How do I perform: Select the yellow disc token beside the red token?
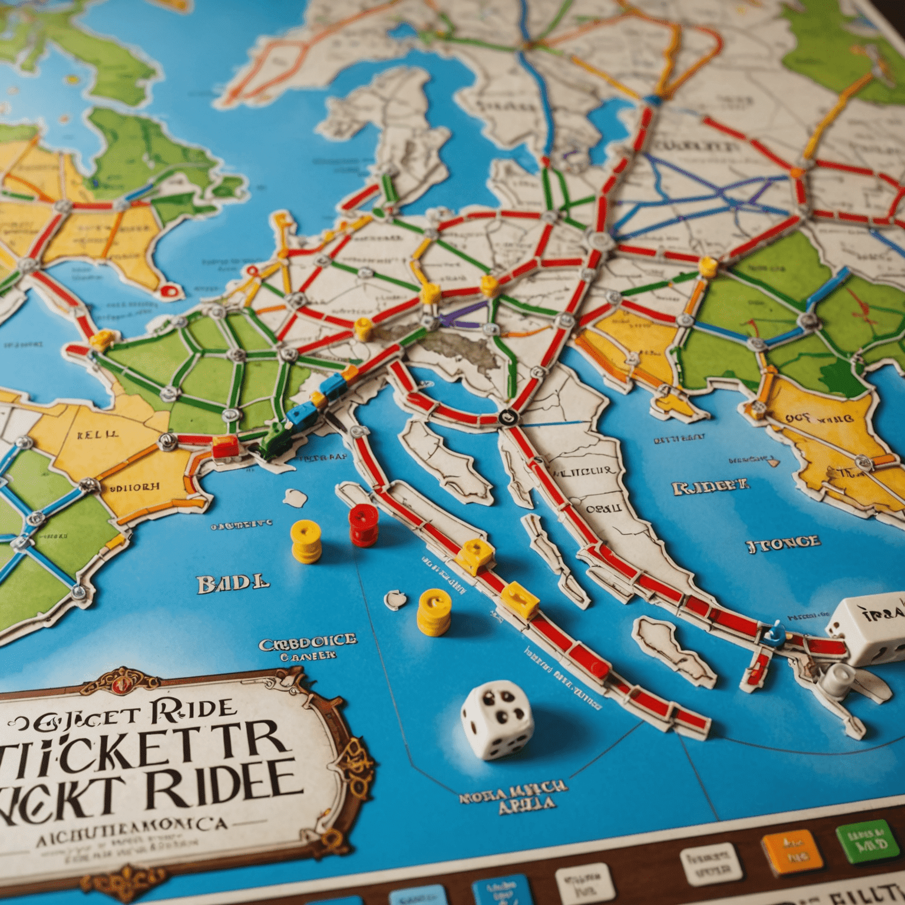point(306,540)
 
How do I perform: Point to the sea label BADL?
point(233,583)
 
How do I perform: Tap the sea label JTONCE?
point(783,543)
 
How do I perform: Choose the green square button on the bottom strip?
point(864,840)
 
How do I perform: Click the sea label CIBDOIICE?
point(308,641)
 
